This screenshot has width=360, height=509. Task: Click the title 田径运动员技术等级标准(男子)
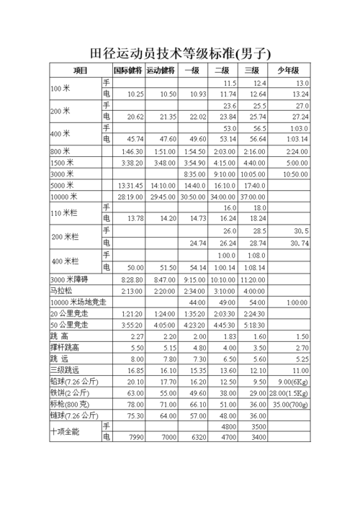pyautogui.click(x=179, y=53)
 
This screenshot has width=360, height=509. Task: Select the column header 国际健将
pyautogui.click(x=128, y=71)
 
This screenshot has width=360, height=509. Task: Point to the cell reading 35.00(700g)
pyautogui.click(x=291, y=405)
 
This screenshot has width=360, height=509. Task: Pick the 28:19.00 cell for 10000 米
pyautogui.click(x=130, y=197)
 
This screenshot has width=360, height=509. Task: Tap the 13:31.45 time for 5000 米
pyautogui.click(x=130, y=185)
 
